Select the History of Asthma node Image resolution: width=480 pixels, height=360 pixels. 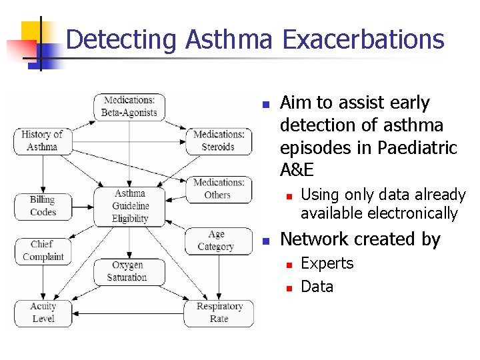pos(42,141)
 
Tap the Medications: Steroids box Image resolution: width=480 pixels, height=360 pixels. pos(219,141)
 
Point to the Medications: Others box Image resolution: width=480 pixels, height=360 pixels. pos(218,189)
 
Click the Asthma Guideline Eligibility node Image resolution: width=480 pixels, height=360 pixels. pos(129,206)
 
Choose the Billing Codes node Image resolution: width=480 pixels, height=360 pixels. pos(43,206)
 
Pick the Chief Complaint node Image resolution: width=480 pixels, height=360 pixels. pos(43,251)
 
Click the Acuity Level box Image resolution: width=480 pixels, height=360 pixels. pos(43,313)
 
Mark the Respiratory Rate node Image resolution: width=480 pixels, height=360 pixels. pos(219,313)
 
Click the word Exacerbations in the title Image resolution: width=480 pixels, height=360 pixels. pos(363,39)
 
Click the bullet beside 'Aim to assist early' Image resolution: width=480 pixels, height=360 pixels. pos(265,105)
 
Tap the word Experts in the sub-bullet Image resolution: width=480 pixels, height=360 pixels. pos(327,263)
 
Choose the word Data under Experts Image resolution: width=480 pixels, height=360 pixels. pos(317,287)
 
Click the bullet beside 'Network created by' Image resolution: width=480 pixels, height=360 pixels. pos(265,241)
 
